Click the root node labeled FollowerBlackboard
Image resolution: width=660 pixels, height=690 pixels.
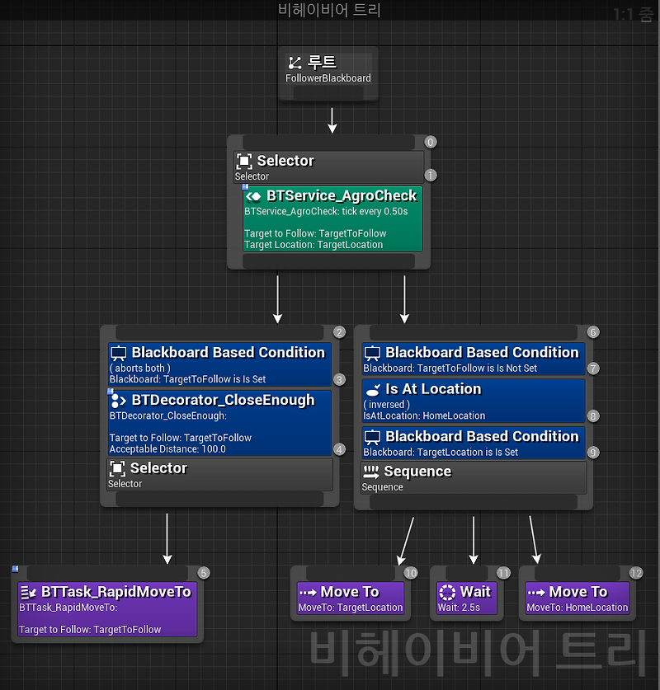tap(328, 70)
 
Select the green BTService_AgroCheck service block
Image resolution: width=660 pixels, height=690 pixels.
tap(332, 218)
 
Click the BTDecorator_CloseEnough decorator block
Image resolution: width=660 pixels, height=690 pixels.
tap(220, 423)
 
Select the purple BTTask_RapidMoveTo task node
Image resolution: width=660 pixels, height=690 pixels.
tap(108, 608)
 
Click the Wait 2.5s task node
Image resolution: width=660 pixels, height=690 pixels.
tap(469, 598)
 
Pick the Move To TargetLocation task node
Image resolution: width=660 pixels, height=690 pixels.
tap(351, 598)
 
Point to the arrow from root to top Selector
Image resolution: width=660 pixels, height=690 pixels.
tap(332, 119)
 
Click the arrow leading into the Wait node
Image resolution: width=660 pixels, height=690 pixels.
tap(473, 540)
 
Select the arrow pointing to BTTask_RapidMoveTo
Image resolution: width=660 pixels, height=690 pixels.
tap(167, 539)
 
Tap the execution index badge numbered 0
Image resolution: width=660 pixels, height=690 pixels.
tap(430, 142)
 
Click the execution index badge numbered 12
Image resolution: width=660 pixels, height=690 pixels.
tap(635, 573)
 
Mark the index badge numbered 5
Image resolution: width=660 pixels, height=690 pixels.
tap(204, 573)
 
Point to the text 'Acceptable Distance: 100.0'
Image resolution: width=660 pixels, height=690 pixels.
tap(167, 448)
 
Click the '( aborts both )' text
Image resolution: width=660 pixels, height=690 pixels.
tap(140, 368)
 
